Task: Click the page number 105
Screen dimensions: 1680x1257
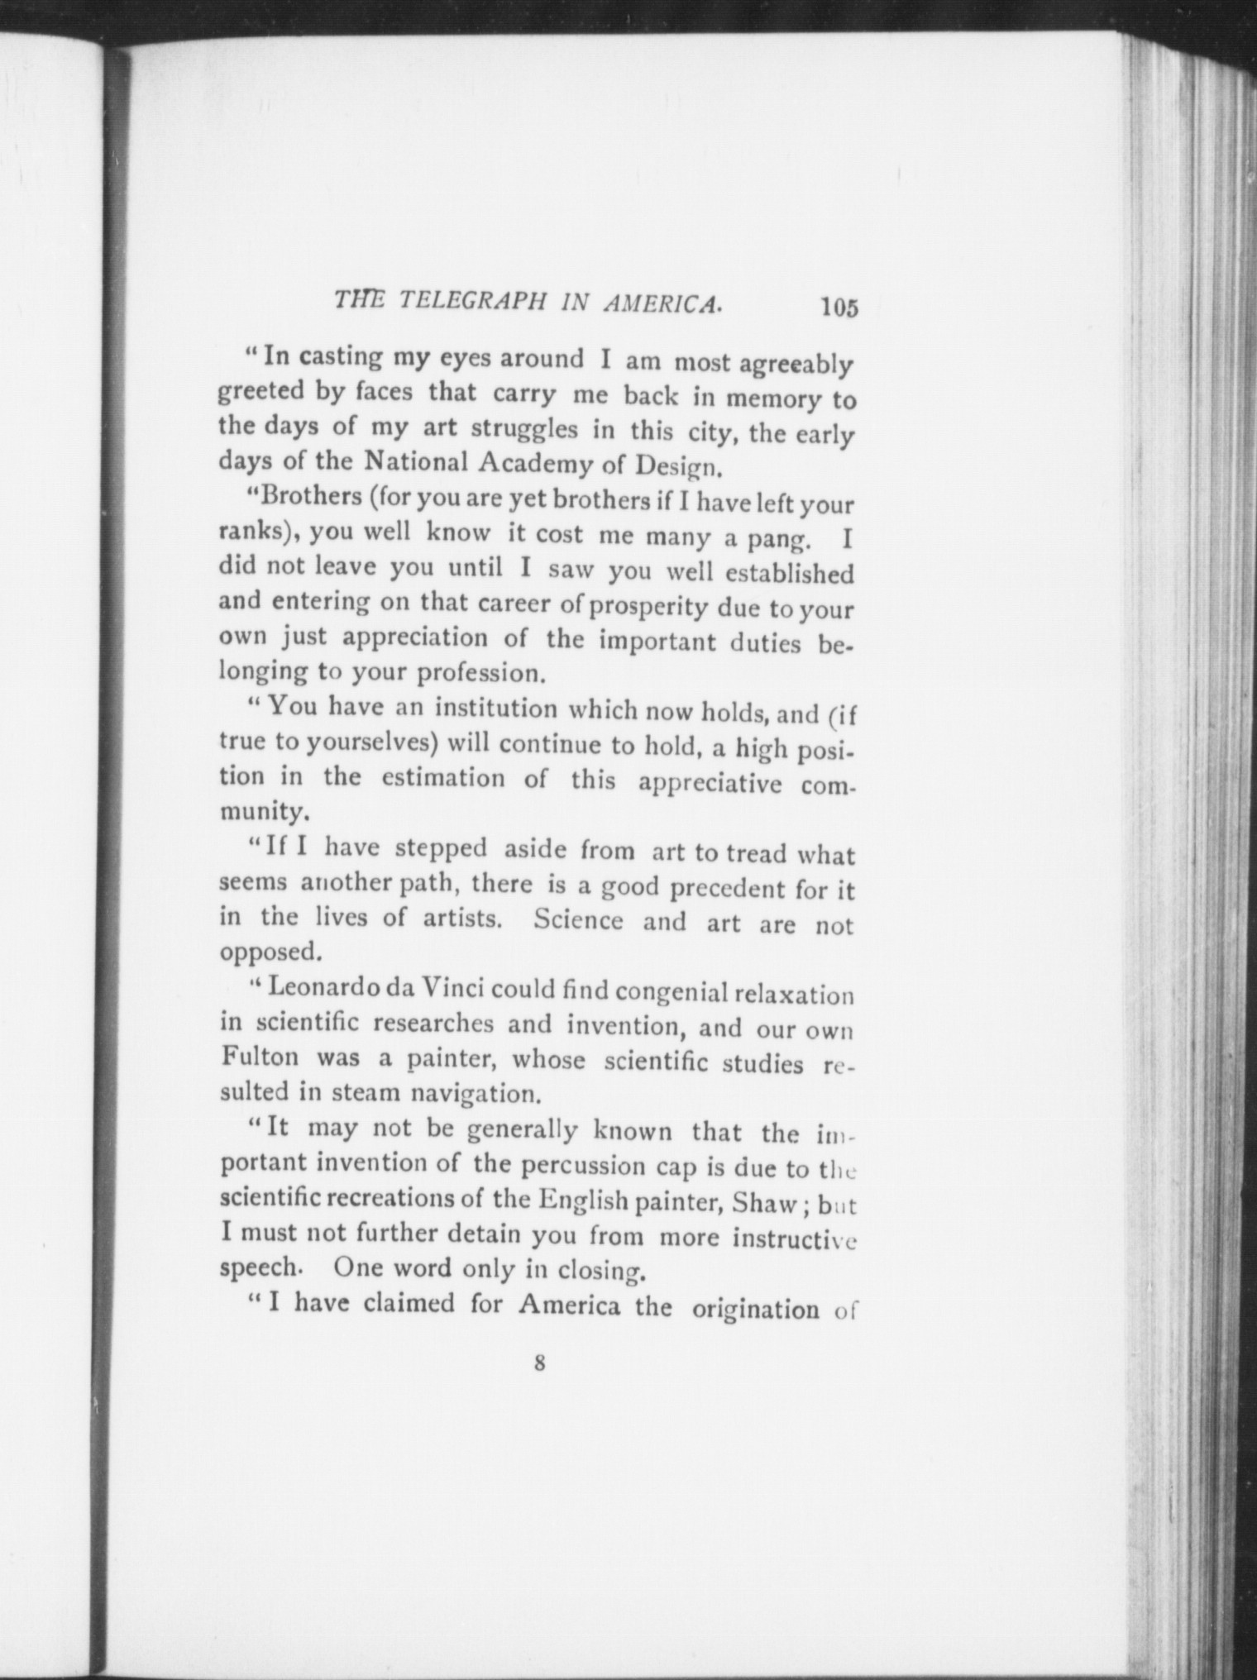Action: click(x=840, y=308)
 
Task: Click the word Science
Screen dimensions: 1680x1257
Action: click(x=578, y=920)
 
